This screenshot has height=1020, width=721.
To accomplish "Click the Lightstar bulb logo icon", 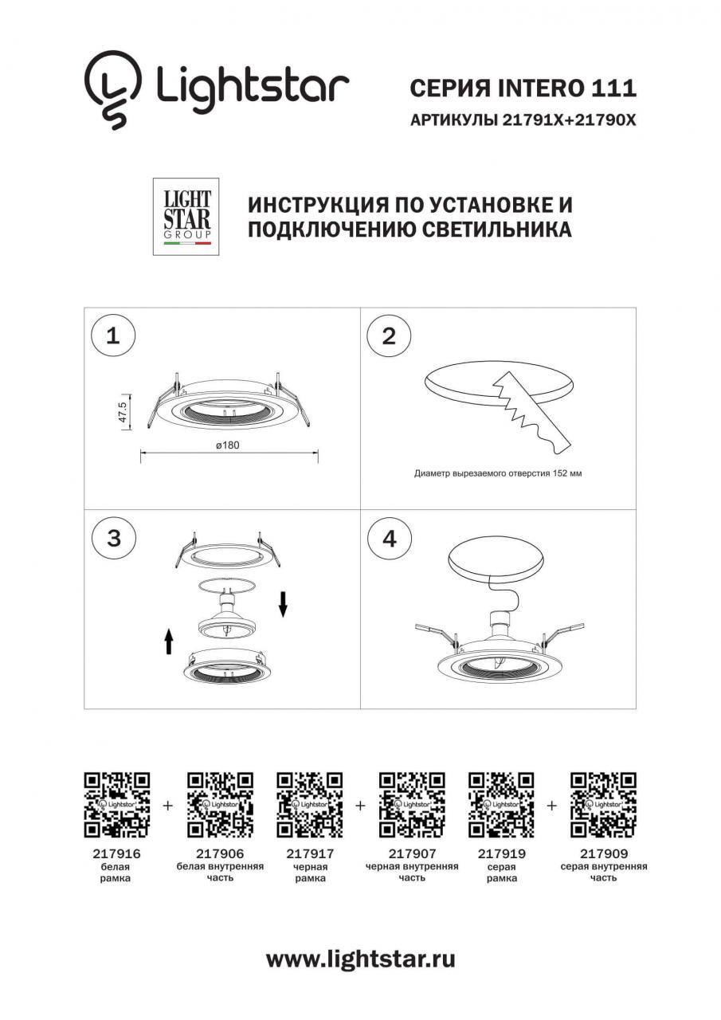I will coord(114,88).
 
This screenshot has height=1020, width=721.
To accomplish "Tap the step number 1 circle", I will coord(112,335).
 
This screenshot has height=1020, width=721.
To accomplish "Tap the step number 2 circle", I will coord(388,335).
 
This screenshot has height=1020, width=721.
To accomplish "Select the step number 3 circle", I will coord(112,538).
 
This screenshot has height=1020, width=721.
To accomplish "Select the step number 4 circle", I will coord(388,538).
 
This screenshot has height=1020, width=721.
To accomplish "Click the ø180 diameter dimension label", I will coord(228,445).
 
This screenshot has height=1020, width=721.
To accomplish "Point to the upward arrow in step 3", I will coord(169,640).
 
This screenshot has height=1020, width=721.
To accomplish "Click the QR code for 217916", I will coord(117,805).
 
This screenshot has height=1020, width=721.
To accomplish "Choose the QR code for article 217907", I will coord(412,805).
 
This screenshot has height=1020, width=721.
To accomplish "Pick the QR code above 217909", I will coord(604,805).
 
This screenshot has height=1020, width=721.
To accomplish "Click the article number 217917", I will coord(309,853).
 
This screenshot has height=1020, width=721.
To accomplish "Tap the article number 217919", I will coord(501,853).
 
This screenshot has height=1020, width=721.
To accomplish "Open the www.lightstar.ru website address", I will coord(360,959).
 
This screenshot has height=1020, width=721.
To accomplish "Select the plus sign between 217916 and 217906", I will coord(168,806).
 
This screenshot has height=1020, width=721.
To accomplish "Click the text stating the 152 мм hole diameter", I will coord(498,473).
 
